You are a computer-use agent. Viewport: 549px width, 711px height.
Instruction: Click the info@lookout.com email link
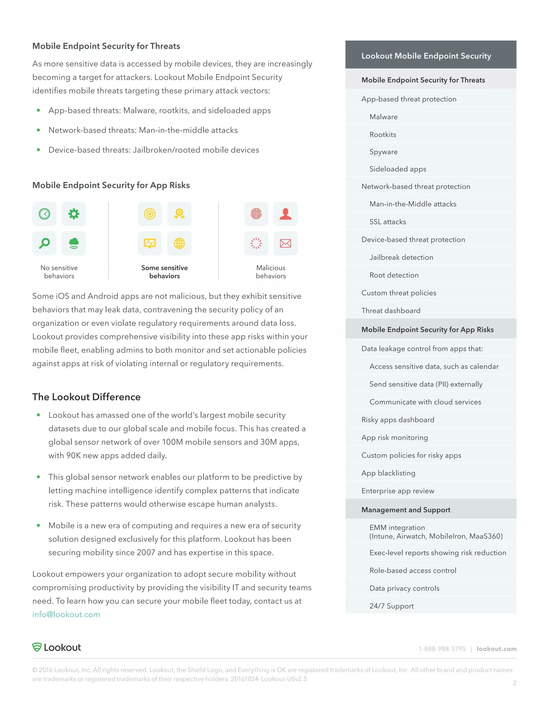point(66,614)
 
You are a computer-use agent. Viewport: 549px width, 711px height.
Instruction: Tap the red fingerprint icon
point(256,214)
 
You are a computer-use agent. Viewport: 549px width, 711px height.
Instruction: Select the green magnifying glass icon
point(44,243)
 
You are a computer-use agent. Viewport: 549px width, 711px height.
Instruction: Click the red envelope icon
point(285,243)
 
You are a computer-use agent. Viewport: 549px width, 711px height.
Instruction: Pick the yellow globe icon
point(179,243)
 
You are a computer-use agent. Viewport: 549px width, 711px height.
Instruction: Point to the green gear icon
point(74,214)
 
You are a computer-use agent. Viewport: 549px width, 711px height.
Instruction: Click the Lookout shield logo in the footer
point(37,647)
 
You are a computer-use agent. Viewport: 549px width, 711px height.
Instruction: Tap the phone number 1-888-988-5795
point(442,649)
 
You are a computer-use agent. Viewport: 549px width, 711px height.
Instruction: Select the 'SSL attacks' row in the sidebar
point(388,222)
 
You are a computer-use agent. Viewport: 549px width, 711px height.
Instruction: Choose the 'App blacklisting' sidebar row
point(388,473)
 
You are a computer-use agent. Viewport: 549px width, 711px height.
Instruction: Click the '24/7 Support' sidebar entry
point(392,606)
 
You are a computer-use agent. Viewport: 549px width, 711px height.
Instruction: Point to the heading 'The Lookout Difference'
point(87,397)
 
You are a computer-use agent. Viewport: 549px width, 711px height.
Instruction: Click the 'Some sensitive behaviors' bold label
point(165,272)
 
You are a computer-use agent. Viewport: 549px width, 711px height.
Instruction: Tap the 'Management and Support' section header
point(406,510)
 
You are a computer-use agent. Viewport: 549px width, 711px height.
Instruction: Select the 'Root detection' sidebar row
point(394,275)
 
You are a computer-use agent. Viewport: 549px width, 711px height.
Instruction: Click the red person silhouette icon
point(285,214)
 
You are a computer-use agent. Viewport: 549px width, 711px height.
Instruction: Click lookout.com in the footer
point(496,649)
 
